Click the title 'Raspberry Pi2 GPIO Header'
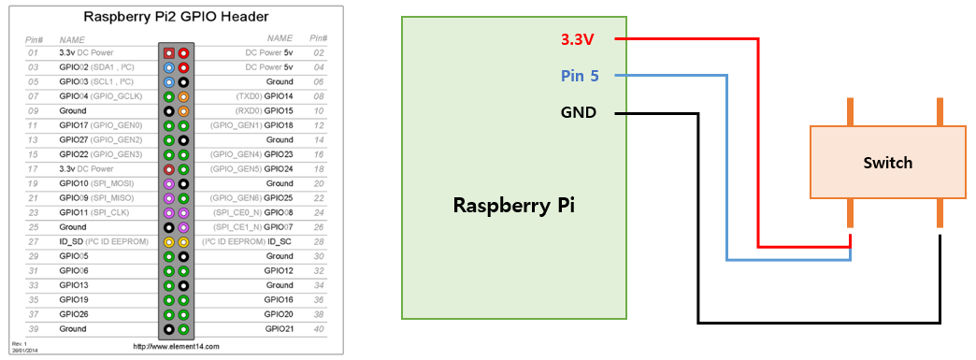tap(176, 17)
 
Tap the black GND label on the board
tap(579, 113)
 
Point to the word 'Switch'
tap(887, 163)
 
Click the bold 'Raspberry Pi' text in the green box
tap(513, 204)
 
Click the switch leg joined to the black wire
tap(940, 214)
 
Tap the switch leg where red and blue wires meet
tap(851, 214)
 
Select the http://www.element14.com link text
tap(176, 346)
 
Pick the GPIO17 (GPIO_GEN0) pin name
tap(99, 125)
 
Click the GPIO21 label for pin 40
tap(279, 329)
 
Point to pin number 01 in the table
tap(33, 52)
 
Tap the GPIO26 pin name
tap(74, 314)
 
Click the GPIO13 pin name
tap(74, 285)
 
